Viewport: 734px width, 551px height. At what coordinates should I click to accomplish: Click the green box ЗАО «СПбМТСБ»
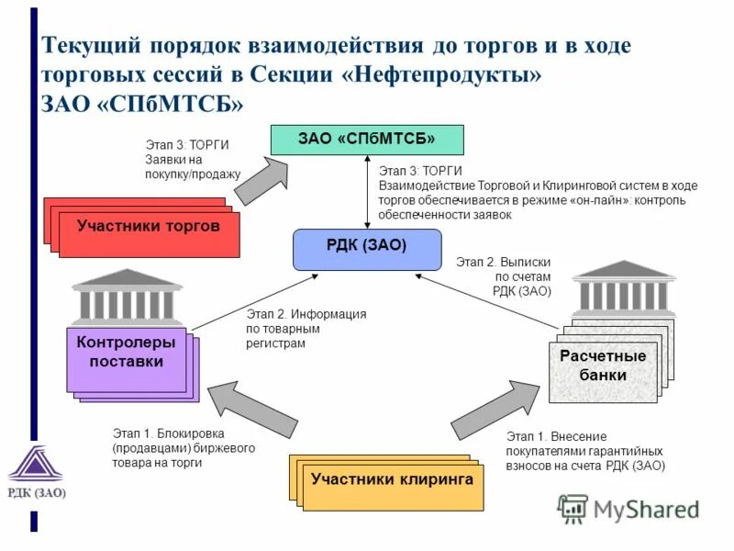tap(366, 139)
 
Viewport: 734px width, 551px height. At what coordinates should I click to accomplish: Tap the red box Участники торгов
tap(148, 228)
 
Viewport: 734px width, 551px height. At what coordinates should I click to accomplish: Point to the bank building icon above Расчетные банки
tap(623, 287)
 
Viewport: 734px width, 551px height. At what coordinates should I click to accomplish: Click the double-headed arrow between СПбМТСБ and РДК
tap(367, 192)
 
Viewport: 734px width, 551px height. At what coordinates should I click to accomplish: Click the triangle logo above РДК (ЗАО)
tap(36, 465)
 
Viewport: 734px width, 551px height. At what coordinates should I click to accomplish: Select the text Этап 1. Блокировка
tap(169, 433)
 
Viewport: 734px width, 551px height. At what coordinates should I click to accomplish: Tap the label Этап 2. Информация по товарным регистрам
tap(306, 328)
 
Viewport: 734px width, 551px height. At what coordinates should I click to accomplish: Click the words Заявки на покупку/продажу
tap(193, 166)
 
